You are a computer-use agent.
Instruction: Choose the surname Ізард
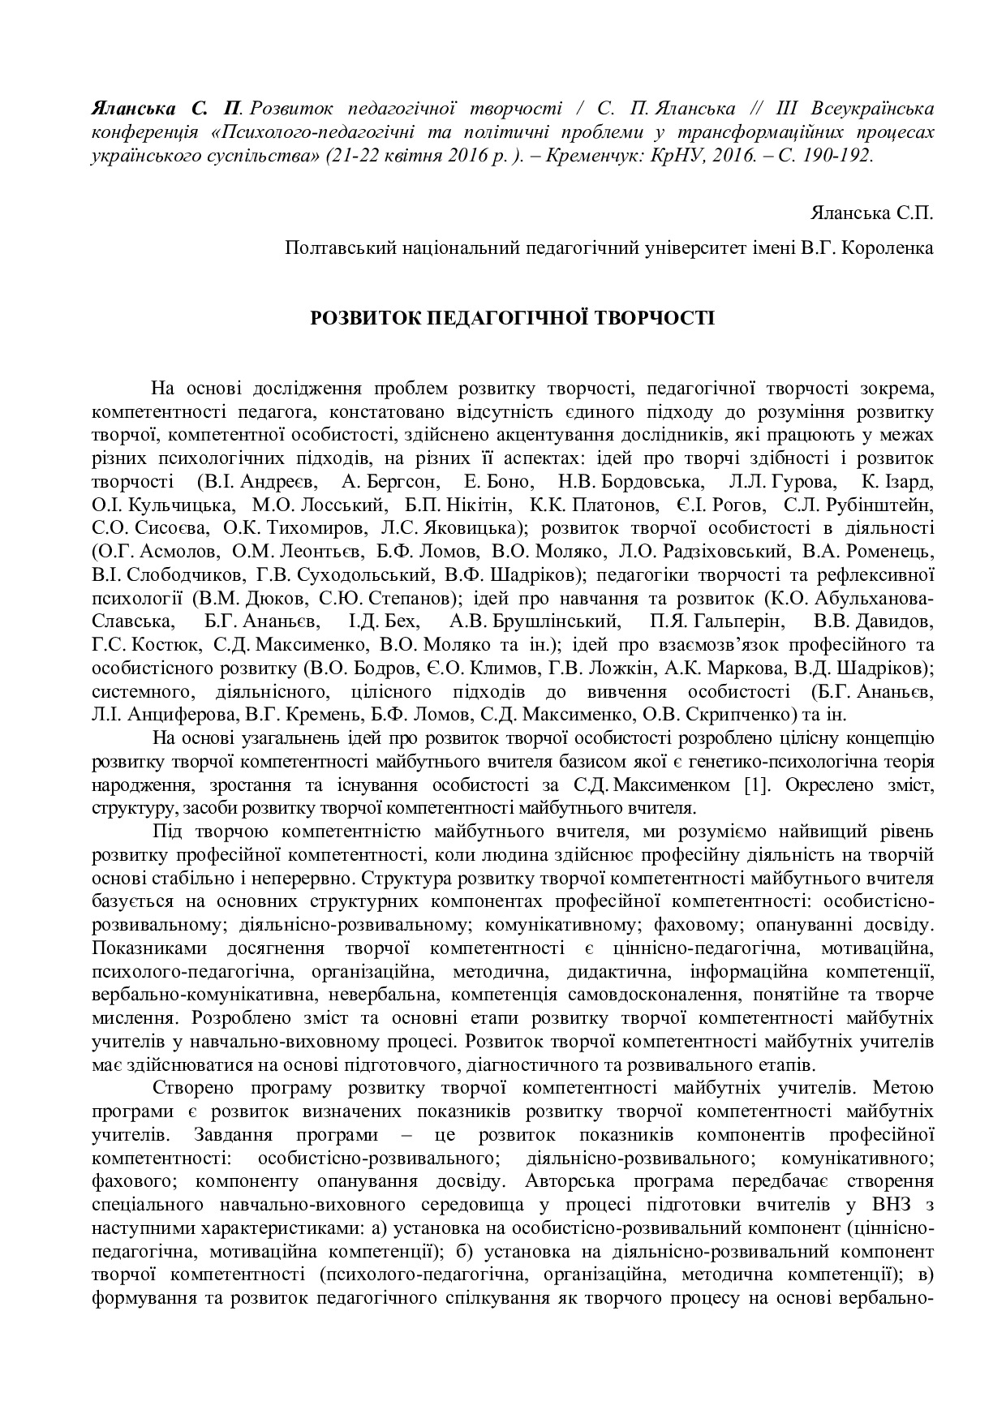coord(909,481)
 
